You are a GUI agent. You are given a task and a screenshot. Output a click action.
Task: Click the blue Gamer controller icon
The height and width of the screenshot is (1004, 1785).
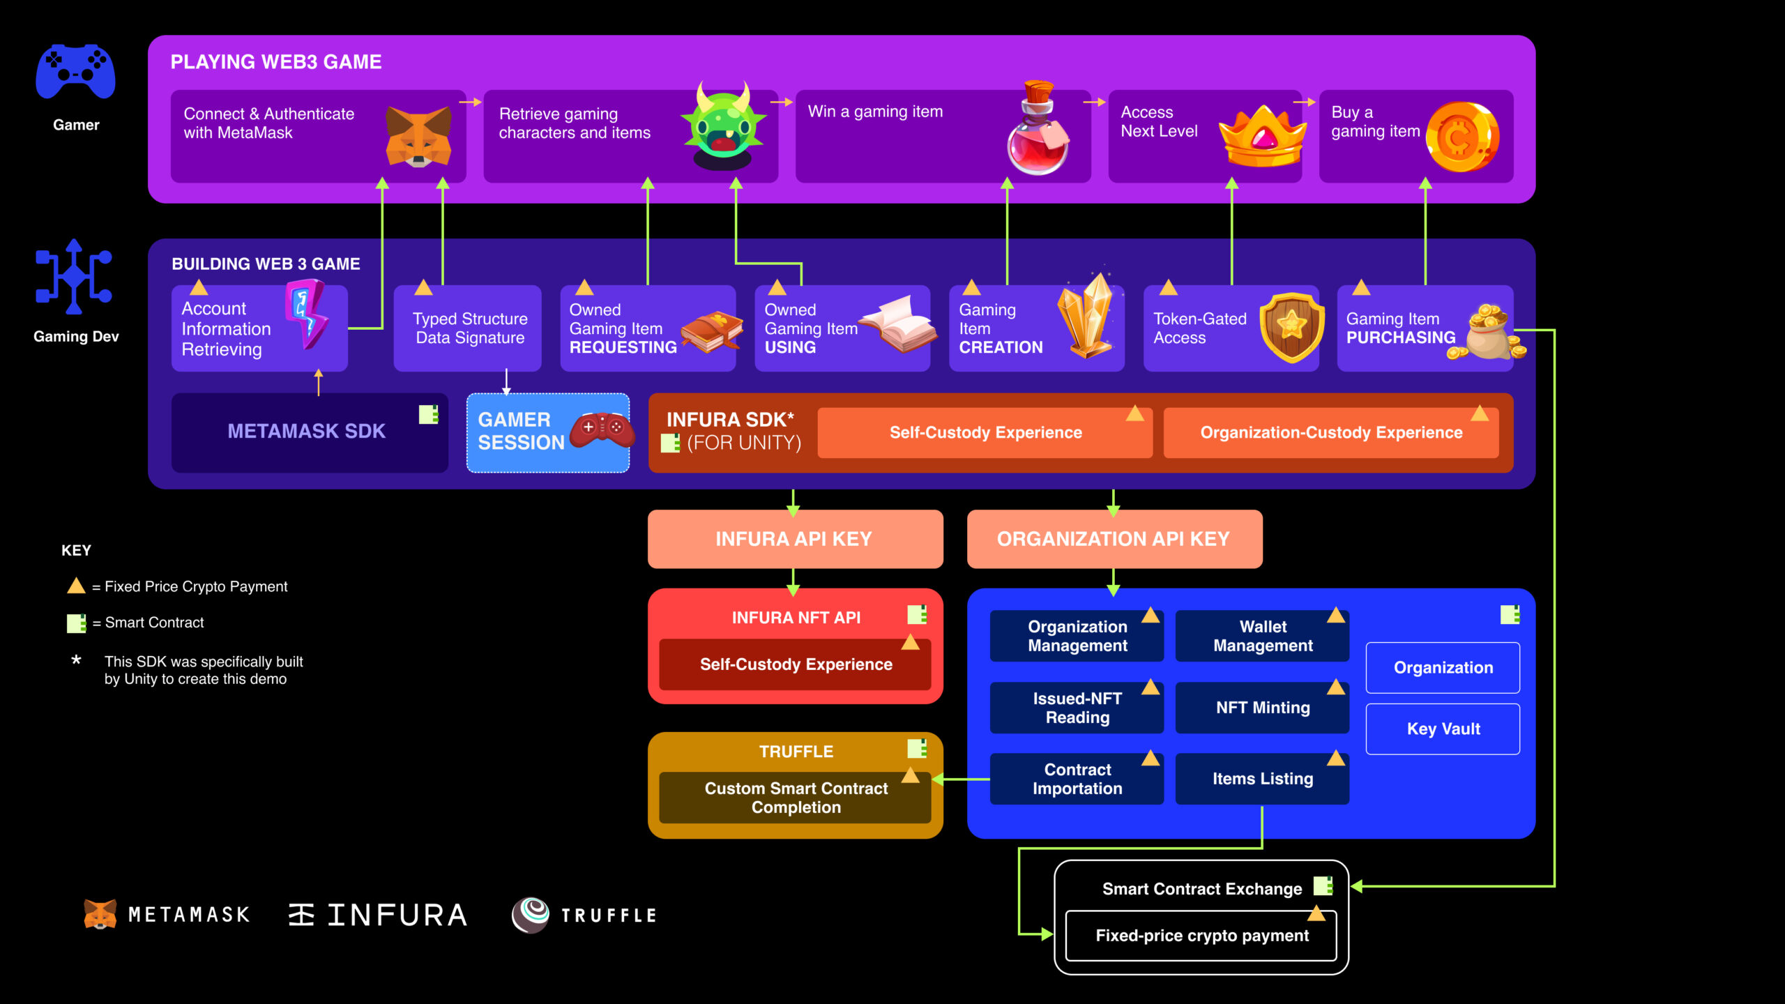(75, 73)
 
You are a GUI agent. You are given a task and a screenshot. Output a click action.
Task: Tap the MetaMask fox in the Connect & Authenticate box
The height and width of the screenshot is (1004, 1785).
(418, 137)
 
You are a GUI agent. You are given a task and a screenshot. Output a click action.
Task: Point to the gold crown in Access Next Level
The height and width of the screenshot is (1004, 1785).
(1263, 138)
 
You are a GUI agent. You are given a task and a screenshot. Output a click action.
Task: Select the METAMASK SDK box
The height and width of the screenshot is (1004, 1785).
(307, 432)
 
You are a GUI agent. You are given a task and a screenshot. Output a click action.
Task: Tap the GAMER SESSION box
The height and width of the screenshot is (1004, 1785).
(548, 432)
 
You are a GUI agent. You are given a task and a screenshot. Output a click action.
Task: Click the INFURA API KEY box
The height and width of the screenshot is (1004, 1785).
(795, 539)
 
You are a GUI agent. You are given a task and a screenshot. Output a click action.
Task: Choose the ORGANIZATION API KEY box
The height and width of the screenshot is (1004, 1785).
(1114, 539)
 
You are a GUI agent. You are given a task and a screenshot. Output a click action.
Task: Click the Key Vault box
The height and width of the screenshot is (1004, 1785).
(1443, 729)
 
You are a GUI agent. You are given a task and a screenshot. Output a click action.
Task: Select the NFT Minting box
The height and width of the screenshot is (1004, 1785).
(1262, 708)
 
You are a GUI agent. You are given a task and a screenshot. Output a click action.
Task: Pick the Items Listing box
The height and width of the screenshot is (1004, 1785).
(1262, 779)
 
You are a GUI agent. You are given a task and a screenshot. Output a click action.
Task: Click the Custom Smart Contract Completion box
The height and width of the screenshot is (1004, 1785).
(795, 798)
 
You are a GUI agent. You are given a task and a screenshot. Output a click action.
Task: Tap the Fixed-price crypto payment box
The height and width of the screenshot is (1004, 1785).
(1201, 936)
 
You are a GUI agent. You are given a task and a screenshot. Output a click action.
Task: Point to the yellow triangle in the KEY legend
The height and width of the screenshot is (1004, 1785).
(76, 586)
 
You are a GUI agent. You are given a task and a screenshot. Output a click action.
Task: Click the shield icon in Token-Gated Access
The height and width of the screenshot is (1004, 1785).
(1292, 326)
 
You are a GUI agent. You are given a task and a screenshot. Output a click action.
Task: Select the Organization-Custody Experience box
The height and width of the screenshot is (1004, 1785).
(1330, 433)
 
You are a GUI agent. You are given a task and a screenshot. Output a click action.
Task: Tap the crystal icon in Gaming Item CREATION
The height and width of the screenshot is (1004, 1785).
(1086, 317)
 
